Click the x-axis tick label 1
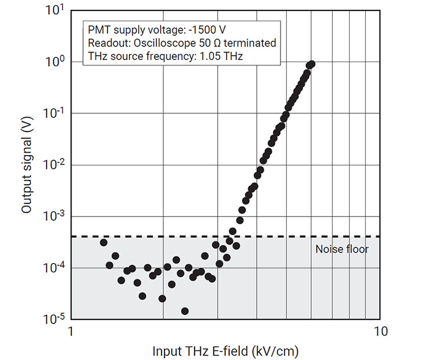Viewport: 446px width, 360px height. click(71, 332)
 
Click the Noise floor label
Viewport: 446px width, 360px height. click(342, 250)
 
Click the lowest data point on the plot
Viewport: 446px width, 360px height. click(185, 311)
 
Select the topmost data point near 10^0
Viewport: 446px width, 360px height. click(312, 64)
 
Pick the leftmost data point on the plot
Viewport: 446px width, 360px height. click(104, 243)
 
